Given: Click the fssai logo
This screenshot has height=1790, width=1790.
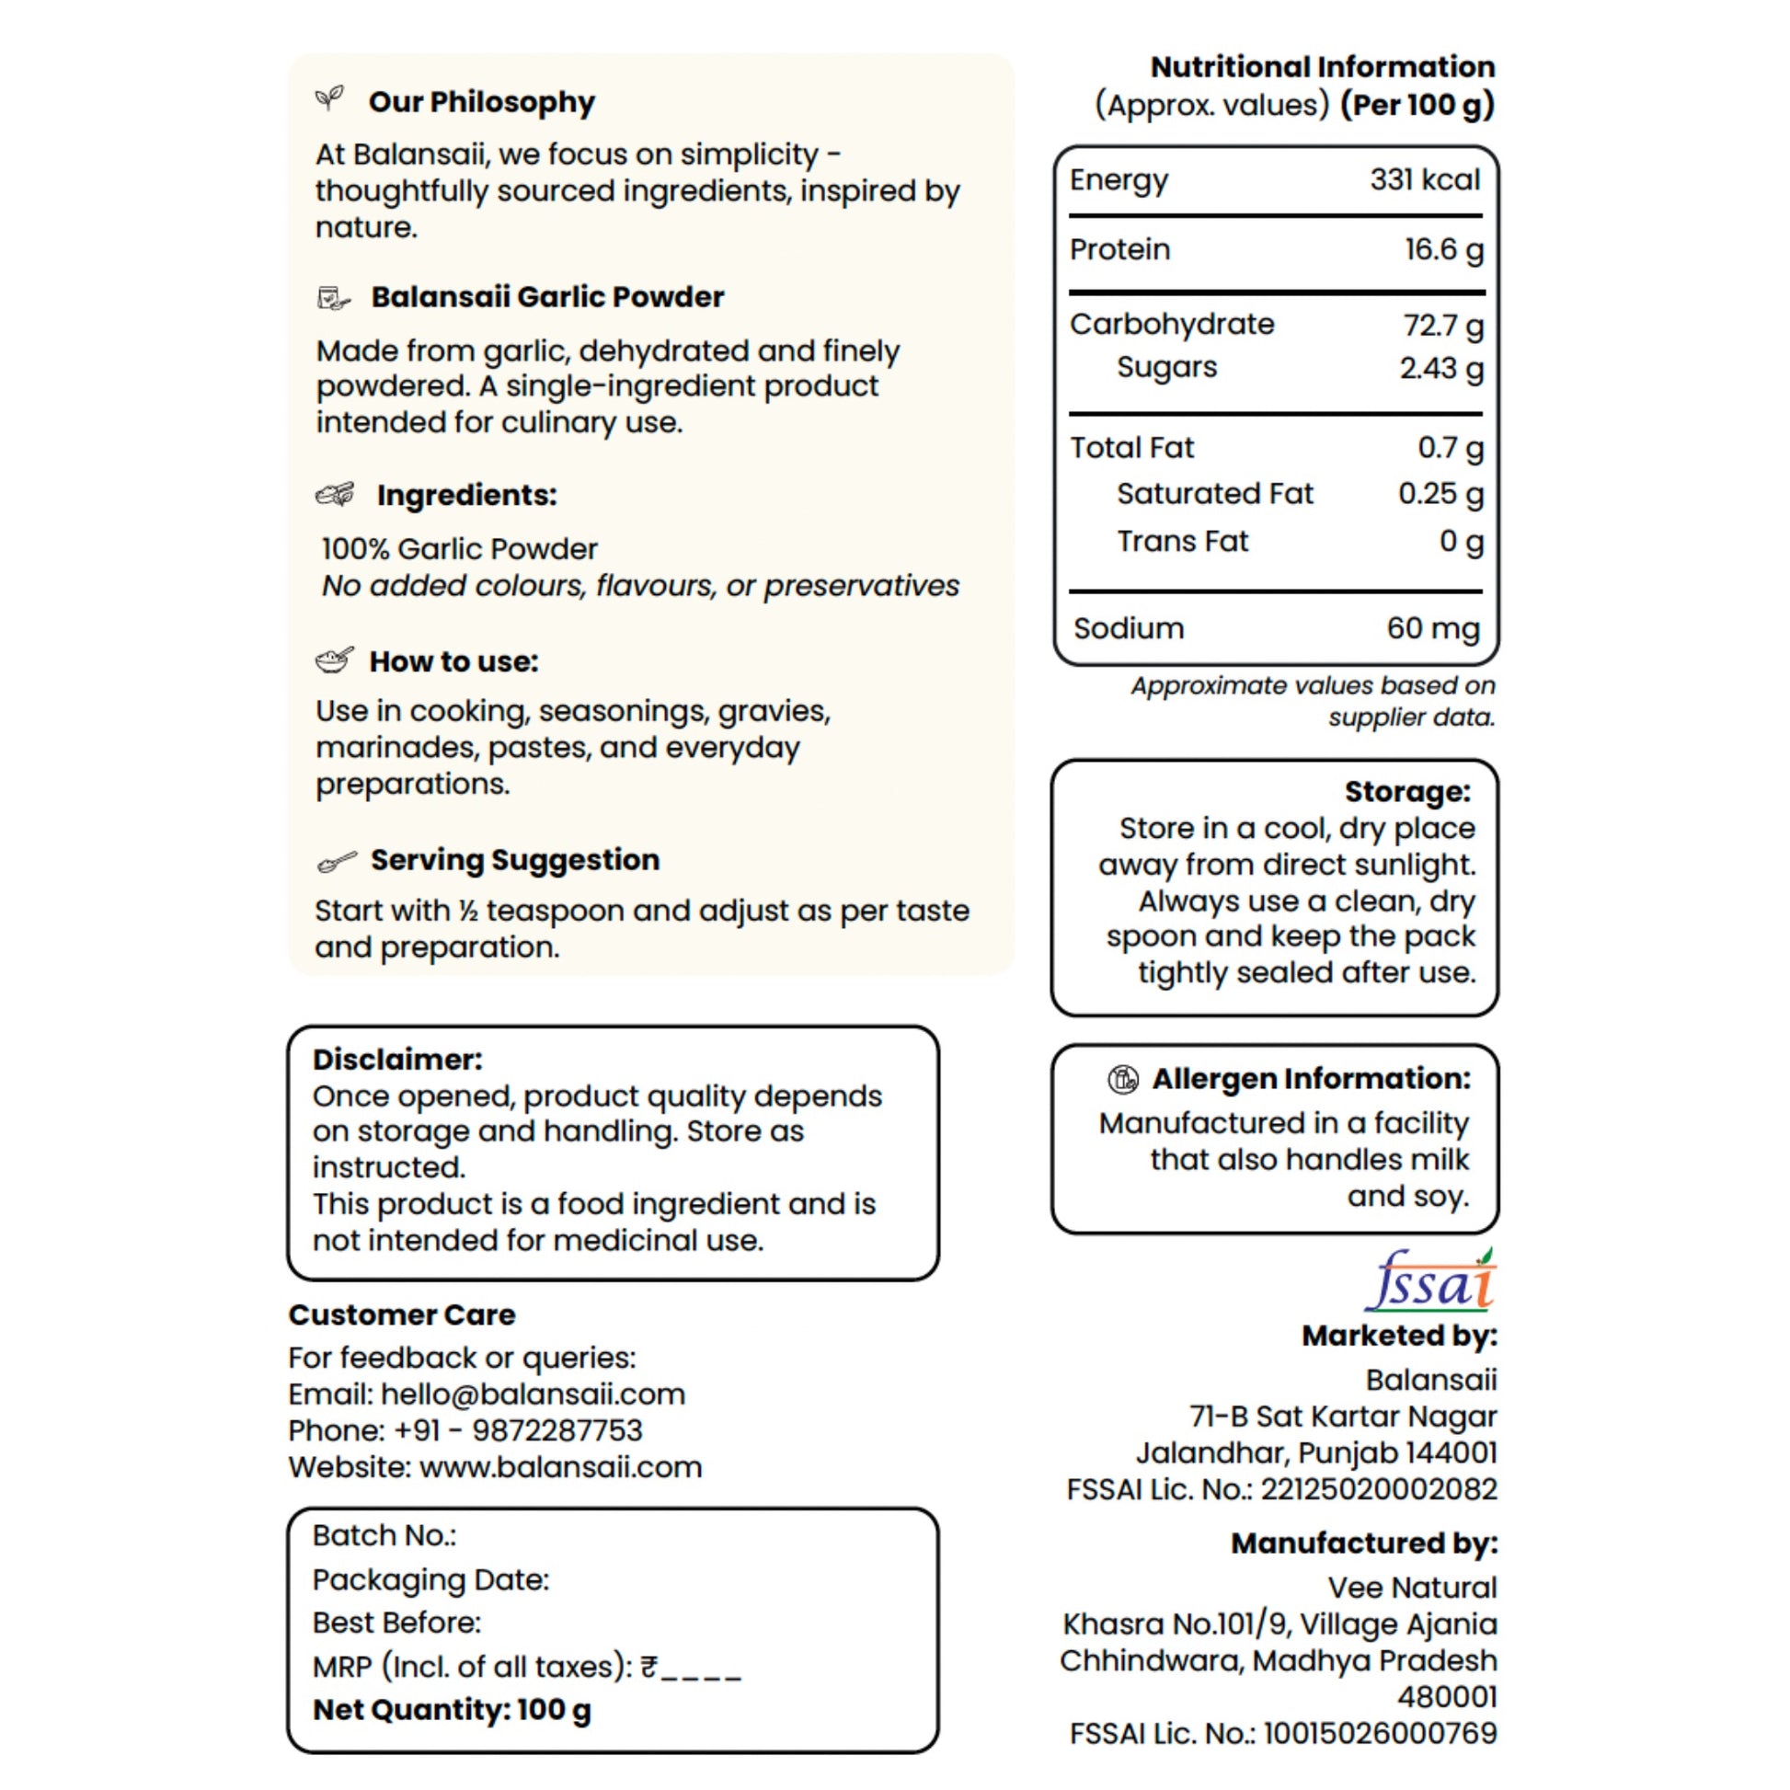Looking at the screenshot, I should pos(1430,1282).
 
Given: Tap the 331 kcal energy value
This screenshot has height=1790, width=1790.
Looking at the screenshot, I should pos(1425,179).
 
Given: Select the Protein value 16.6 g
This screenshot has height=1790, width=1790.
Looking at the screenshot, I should pos(1443,249).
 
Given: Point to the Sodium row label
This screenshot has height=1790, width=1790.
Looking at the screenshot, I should pos(1129,628).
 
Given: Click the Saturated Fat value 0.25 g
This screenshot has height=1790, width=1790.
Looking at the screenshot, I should pos(1440,494).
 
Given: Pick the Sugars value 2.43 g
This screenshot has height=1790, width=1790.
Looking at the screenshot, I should pos(1440,368).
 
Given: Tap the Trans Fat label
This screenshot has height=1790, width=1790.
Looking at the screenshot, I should pos(1182,541).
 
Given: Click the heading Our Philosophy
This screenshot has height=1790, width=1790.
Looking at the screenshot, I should pos(481,102).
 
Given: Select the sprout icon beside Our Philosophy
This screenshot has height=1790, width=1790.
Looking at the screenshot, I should pos(330,98).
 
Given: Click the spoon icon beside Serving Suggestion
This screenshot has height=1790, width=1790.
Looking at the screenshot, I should pos(336,863).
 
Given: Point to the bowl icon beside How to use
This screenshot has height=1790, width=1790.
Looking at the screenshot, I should pos(335,660).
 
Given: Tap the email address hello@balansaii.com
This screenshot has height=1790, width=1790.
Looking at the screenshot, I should pos(533,1394).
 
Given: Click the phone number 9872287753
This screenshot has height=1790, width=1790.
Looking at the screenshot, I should pos(557,1430).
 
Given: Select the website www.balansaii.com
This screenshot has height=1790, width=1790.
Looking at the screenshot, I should pos(560,1466).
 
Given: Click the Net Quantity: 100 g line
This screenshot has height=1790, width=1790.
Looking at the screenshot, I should pos(453,1709).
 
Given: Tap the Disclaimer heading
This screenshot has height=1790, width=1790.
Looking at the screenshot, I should pos(397,1059).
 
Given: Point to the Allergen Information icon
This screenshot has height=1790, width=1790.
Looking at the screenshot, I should pos(1123,1078).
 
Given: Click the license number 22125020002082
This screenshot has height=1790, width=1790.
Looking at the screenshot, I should pos(1379,1489).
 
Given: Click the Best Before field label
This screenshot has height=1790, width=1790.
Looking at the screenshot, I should pos(396,1623).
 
